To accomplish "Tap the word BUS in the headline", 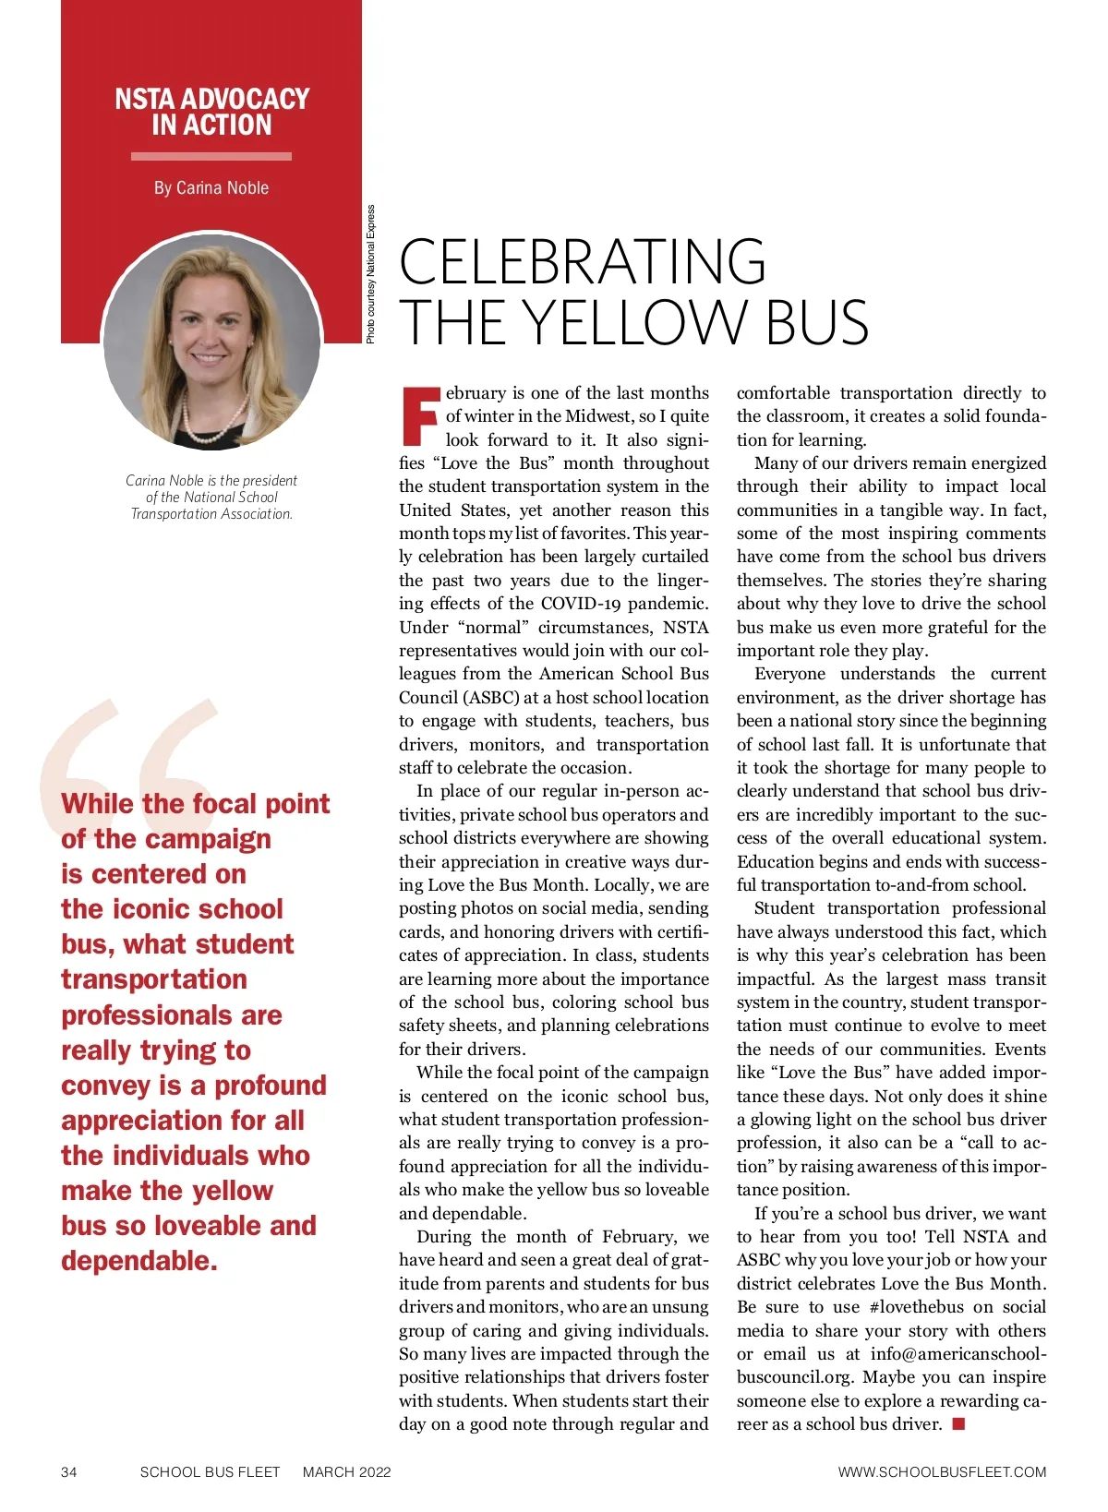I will [816, 322].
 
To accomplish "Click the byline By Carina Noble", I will [211, 188].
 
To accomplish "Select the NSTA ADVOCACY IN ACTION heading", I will [211, 112].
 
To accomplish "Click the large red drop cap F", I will [420, 416].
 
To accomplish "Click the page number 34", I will [69, 1471].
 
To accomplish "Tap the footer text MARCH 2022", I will [346, 1471].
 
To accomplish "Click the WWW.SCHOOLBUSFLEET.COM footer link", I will [942, 1471].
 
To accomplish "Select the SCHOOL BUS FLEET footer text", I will [210, 1471].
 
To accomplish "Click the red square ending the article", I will [958, 1423].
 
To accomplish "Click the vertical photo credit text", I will [371, 274].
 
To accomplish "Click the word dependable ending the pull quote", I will [139, 1261].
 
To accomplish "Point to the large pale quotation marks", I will [129, 757].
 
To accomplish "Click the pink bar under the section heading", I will [211, 156].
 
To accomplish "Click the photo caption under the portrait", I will [211, 497].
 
